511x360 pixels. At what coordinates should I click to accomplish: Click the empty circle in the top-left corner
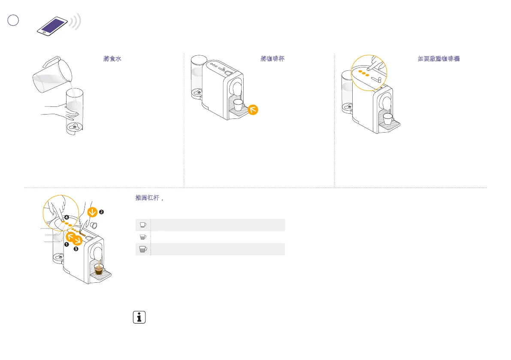point(14,20)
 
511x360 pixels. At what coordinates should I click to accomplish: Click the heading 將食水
point(112,58)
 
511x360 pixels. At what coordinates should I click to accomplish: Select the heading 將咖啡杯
point(273,58)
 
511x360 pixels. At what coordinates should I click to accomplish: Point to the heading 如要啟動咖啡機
point(438,58)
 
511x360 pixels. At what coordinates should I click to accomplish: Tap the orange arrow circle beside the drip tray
point(254,110)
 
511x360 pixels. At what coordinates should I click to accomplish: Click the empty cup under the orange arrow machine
point(238,105)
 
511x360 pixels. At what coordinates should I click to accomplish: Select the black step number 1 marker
point(67,244)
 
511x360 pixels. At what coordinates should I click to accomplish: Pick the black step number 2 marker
point(101,212)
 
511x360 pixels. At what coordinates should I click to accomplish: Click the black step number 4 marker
point(67,217)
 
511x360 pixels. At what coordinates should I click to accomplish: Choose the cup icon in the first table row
point(143,224)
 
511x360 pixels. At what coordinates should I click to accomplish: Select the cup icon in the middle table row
point(143,236)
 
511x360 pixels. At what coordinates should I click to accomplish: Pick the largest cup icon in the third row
point(143,249)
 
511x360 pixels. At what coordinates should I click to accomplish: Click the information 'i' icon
point(138,318)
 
